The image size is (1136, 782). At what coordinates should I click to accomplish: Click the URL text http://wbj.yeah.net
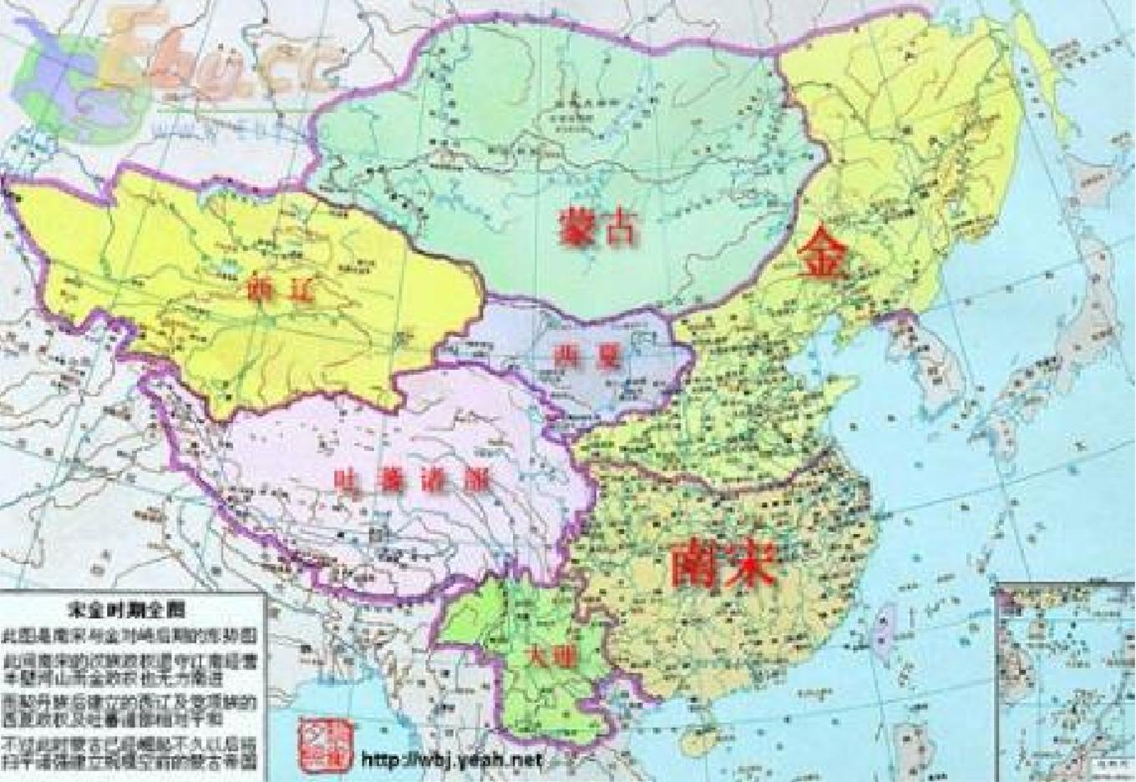(451, 760)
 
